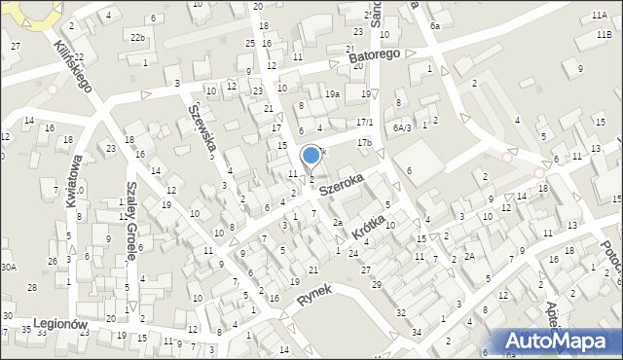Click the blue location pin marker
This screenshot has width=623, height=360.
[311, 156]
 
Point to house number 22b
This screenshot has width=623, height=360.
[137, 37]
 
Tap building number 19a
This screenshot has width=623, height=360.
[332, 93]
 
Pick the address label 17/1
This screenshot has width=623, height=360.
[364, 122]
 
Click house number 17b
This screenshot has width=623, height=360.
[363, 143]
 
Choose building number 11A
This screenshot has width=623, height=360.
[599, 16]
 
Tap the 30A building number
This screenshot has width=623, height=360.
[9, 266]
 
